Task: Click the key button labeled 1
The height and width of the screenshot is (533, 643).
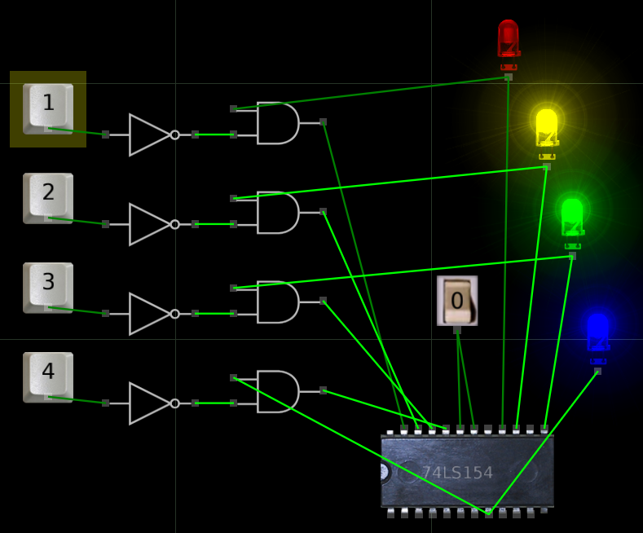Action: pos(48,108)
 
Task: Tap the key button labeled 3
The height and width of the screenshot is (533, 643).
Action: pos(48,287)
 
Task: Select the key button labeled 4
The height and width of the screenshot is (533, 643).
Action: pos(48,377)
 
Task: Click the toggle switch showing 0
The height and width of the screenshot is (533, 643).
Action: pos(457,301)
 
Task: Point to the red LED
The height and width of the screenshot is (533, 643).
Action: pos(508,38)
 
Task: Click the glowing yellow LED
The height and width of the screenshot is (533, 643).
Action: pos(547,128)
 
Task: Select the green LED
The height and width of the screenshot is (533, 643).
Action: pos(572,217)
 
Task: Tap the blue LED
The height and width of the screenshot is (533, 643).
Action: pos(598,333)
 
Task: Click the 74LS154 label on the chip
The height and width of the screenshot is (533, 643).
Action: pos(457,473)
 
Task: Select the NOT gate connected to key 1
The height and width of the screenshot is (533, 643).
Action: pos(150,134)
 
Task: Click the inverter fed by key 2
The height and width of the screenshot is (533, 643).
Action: pos(150,224)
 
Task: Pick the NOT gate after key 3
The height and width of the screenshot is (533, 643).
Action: pos(150,314)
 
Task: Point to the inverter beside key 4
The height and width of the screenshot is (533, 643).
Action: pos(150,403)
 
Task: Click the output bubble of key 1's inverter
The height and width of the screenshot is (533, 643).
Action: pos(174,134)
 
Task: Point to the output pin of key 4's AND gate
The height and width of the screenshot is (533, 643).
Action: pos(324,390)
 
